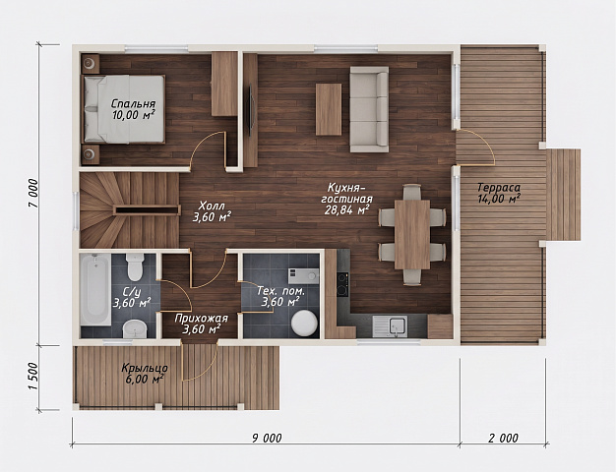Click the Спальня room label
click(x=133, y=104)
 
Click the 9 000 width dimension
click(x=267, y=438)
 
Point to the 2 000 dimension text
click(x=503, y=438)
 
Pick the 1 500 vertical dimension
click(x=33, y=377)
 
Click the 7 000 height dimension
click(x=33, y=193)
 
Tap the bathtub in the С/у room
click(x=95, y=289)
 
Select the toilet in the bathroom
click(x=135, y=266)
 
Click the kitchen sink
click(x=390, y=326)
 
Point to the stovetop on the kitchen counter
click(x=343, y=284)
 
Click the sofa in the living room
click(x=369, y=109)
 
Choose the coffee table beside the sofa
click(x=329, y=109)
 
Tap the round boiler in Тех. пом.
click(x=304, y=324)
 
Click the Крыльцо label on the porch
click(x=145, y=369)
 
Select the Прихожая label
click(x=201, y=318)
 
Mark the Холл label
click(x=212, y=206)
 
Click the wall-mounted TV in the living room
click(x=250, y=110)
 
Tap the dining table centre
click(x=412, y=234)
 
